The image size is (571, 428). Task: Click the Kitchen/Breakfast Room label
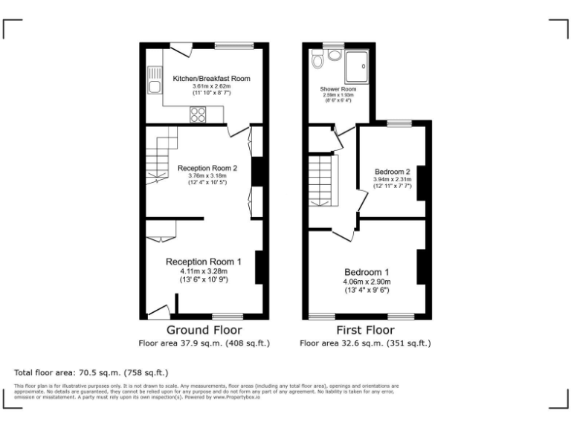[211, 78]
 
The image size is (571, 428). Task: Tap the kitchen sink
[154, 82]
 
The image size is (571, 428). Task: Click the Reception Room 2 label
[207, 168]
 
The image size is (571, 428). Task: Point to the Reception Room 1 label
[203, 262]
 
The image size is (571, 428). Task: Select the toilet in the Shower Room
[318, 59]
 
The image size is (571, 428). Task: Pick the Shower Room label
[338, 89]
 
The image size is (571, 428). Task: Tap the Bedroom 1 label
[367, 271]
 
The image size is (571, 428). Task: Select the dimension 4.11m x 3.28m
[203, 271]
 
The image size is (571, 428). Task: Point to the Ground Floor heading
[204, 330]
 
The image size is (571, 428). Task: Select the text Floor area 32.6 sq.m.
[338, 343]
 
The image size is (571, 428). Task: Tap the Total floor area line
[91, 372]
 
